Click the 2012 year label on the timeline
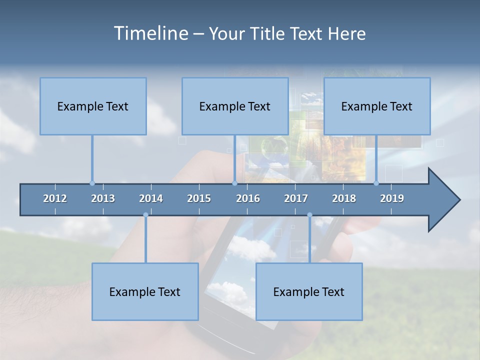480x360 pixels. pyautogui.click(x=55, y=198)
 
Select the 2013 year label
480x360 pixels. pyautogui.click(x=103, y=198)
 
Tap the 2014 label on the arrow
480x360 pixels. pyautogui.click(x=151, y=198)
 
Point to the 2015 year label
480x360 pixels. pyautogui.click(x=199, y=198)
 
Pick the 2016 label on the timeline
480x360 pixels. pyautogui.click(x=248, y=198)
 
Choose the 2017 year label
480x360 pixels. pyautogui.click(x=296, y=198)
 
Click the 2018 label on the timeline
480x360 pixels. pyautogui.click(x=344, y=198)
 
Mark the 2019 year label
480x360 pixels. pyautogui.click(x=392, y=198)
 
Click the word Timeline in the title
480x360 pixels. pyautogui.click(x=149, y=33)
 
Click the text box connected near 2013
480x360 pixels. pyautogui.click(x=93, y=106)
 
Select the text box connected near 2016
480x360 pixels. pyautogui.click(x=235, y=106)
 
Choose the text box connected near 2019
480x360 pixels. pyautogui.click(x=377, y=106)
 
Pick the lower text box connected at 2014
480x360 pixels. pyautogui.click(x=145, y=291)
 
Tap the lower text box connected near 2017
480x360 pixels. pyautogui.click(x=309, y=291)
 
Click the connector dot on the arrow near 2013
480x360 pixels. pyautogui.click(x=92, y=183)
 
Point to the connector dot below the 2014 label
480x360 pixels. pyautogui.click(x=145, y=215)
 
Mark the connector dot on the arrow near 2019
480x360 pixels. pyautogui.click(x=376, y=183)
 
